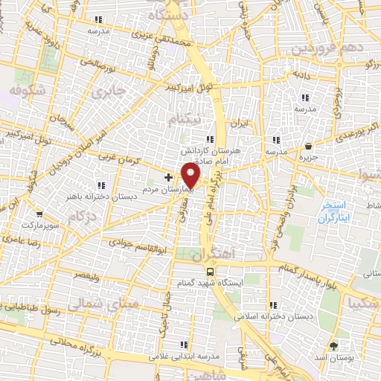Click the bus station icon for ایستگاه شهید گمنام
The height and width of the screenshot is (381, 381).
(211, 272)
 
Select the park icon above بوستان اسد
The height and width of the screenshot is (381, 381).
(333, 347)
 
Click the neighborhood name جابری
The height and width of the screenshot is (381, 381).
(109, 93)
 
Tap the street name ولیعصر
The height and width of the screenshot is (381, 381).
(86, 275)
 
